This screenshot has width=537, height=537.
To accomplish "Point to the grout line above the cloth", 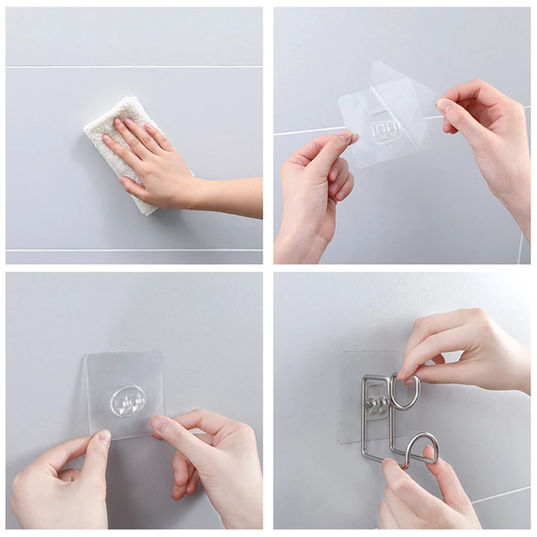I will click(134, 66).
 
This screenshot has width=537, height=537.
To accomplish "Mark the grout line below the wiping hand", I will click(134, 250).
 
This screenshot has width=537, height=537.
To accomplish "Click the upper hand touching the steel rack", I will click(463, 349).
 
